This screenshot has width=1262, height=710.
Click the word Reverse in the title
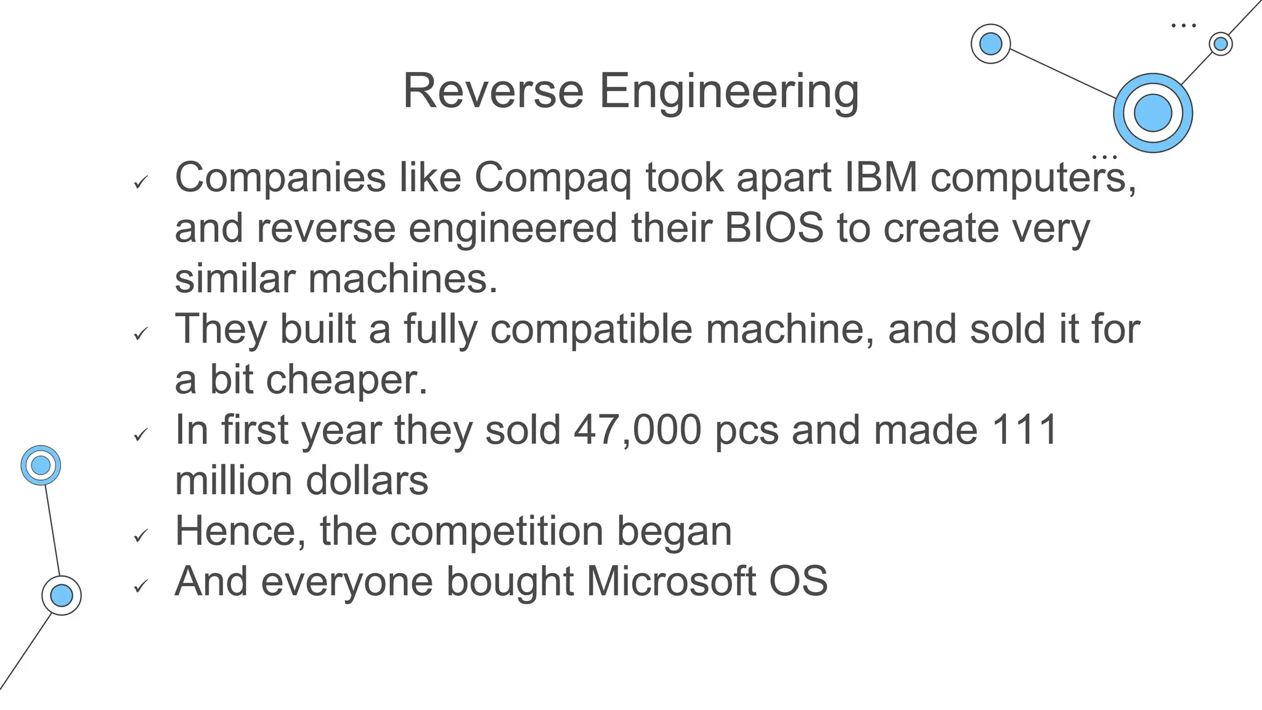tap(493, 91)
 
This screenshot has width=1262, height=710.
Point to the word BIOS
tap(773, 228)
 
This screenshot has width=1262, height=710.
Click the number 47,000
tap(637, 430)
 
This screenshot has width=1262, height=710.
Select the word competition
tap(497, 531)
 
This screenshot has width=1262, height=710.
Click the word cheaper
tap(347, 380)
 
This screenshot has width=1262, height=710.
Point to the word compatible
tap(592, 329)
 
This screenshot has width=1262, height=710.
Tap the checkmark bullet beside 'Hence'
tap(141, 536)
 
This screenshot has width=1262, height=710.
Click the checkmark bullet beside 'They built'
tap(141, 333)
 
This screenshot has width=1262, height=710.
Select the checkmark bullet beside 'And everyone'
tap(141, 586)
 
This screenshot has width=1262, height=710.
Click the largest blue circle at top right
tap(1152, 113)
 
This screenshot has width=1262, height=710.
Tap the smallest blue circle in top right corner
tap(1220, 44)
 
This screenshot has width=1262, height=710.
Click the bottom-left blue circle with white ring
tap(62, 595)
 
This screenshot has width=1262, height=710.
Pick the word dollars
tap(367, 481)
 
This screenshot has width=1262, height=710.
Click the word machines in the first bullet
tap(402, 279)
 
